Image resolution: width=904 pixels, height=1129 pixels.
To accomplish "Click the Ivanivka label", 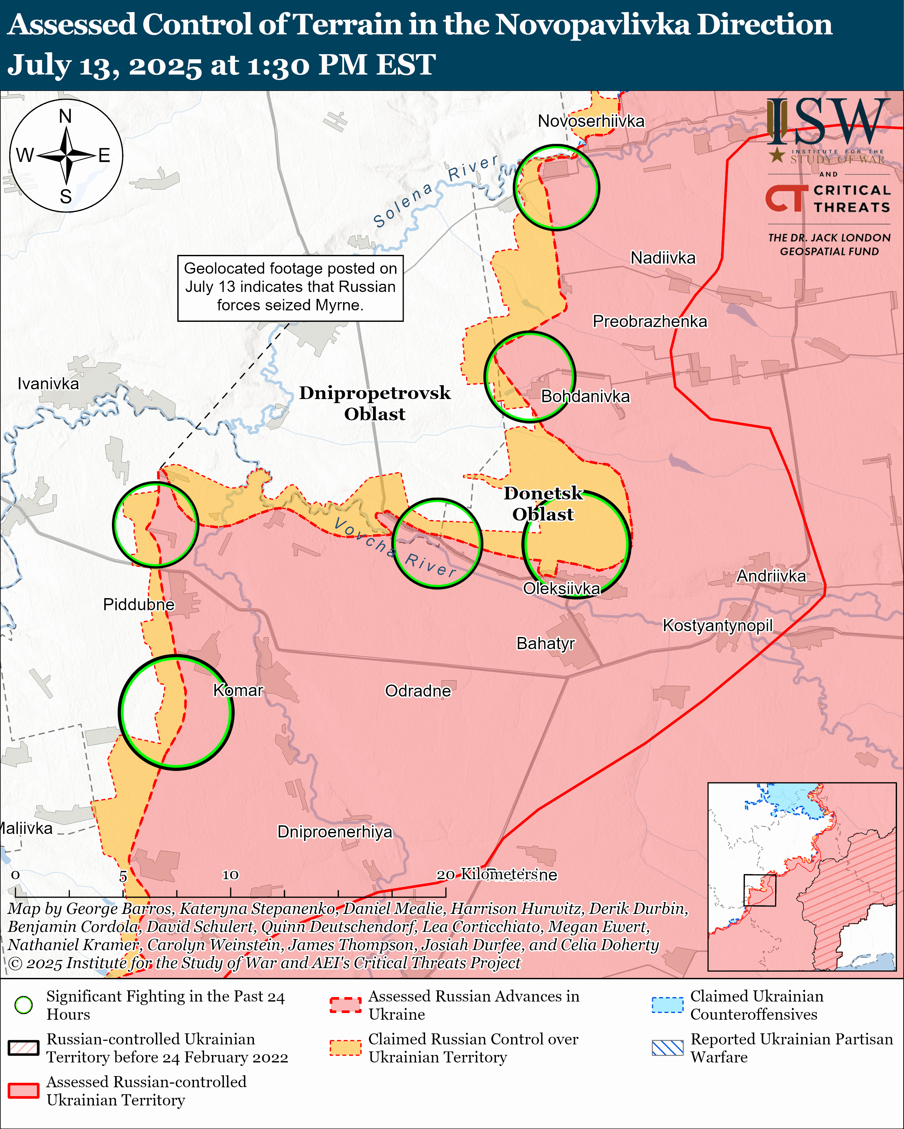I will coord(48,383).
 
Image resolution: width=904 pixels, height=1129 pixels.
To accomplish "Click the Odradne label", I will coord(418,691).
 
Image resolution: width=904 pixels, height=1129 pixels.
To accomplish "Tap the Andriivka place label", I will coord(771,576).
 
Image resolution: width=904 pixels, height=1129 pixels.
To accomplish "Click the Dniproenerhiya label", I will coord(334,832).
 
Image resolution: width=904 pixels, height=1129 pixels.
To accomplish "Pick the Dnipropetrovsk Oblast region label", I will coord(375,403).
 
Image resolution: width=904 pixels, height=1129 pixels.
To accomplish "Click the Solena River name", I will coord(435,191).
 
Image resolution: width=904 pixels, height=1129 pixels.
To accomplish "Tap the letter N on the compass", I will coord(65,116).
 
